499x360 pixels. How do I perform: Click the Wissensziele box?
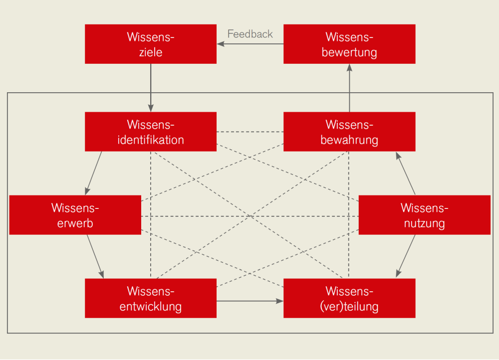(x=151, y=44)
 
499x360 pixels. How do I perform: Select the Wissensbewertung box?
(x=349, y=44)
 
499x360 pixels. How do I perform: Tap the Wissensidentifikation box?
(x=151, y=132)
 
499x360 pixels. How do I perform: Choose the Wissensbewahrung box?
(x=349, y=132)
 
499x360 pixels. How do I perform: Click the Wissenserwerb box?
(x=75, y=215)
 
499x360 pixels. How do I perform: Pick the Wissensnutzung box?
(x=425, y=215)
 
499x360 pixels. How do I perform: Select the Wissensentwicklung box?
(x=151, y=298)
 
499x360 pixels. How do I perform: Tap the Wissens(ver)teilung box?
(x=349, y=298)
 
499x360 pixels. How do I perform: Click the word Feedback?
(x=250, y=34)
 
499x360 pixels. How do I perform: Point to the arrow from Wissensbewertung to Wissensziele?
(x=250, y=44)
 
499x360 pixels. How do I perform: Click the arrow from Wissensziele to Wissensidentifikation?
(x=151, y=88)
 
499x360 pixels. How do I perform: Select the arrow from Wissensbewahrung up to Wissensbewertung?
(x=349, y=88)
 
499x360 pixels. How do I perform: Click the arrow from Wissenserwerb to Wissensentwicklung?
(x=95, y=256)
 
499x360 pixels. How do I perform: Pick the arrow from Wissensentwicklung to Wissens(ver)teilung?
(x=250, y=301)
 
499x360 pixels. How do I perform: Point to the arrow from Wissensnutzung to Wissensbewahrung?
(x=406, y=174)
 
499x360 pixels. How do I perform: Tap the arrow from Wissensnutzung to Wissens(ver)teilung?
(x=406, y=256)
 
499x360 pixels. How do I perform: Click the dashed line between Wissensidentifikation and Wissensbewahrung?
(x=250, y=132)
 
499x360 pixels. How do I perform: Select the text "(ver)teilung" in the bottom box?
(x=349, y=306)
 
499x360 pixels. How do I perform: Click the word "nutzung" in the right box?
(x=425, y=223)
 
